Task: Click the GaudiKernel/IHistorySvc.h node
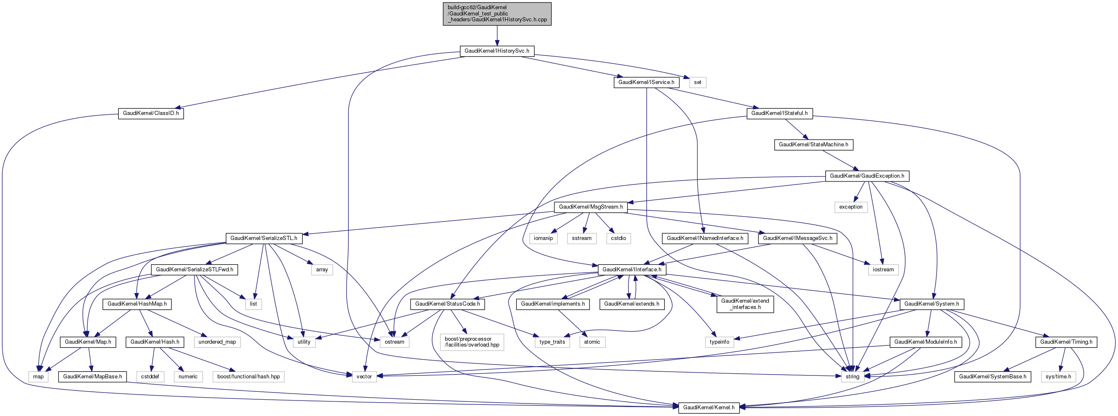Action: [497, 51]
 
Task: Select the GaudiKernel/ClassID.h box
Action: [151, 114]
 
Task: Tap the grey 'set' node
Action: [697, 82]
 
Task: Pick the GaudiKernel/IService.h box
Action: [646, 82]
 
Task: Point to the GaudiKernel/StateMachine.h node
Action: [813, 145]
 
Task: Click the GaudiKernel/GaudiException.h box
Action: [867, 176]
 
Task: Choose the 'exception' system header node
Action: [850, 207]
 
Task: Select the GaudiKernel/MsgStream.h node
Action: [591, 207]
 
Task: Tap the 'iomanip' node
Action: [543, 239]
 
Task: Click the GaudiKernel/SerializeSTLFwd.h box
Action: [194, 270]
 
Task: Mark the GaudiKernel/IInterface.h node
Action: [631, 270]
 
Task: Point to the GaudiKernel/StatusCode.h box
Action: [447, 304]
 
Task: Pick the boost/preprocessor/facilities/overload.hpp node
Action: [472, 342]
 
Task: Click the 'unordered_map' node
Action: [217, 342]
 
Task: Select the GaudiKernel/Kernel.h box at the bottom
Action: [708, 408]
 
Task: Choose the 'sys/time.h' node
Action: [1058, 377]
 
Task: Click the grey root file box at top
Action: [497, 14]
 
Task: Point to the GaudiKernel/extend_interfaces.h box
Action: [745, 304]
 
